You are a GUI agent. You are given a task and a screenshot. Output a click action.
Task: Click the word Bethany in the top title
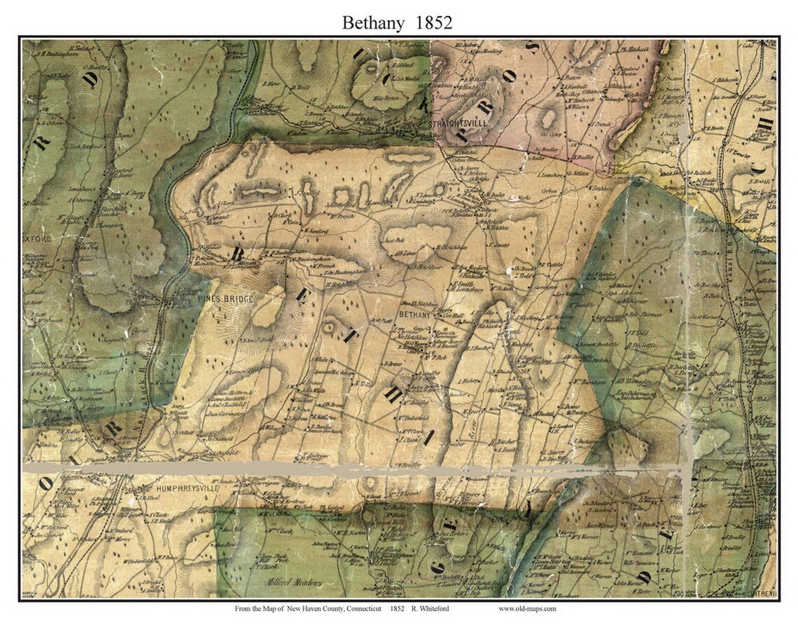coord(372,22)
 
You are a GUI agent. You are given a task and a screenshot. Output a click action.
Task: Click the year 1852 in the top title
coord(433,22)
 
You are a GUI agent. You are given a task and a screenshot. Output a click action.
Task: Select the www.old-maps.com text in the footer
coord(527,609)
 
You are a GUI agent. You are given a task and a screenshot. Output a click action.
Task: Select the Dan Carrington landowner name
coord(224,415)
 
